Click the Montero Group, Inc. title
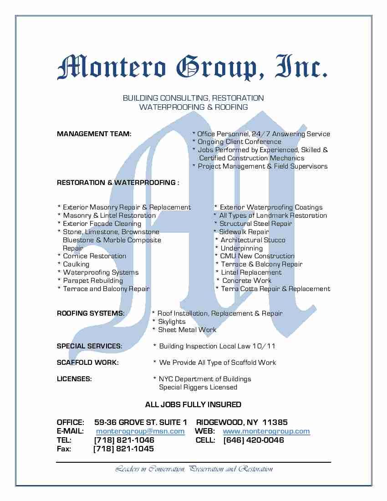pos(192,67)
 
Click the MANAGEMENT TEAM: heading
pos(94,134)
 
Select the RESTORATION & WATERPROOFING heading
pos(117,183)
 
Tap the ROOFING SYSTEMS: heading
pos(91,313)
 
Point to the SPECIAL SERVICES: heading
pos(89,346)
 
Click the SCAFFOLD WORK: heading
pos(87,363)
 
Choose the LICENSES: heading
pos(74,379)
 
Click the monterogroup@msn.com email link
pos(140,431)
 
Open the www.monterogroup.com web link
pos(266,431)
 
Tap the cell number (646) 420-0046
pos(254,440)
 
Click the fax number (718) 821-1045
pos(123,449)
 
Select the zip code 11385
pos(275,422)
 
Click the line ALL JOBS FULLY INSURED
pos(193,404)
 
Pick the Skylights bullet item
pos(172,322)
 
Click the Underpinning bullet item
pos(241,248)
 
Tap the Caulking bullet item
pos(76,264)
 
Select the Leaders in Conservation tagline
pos(194,469)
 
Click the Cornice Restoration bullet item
pos(94,256)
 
